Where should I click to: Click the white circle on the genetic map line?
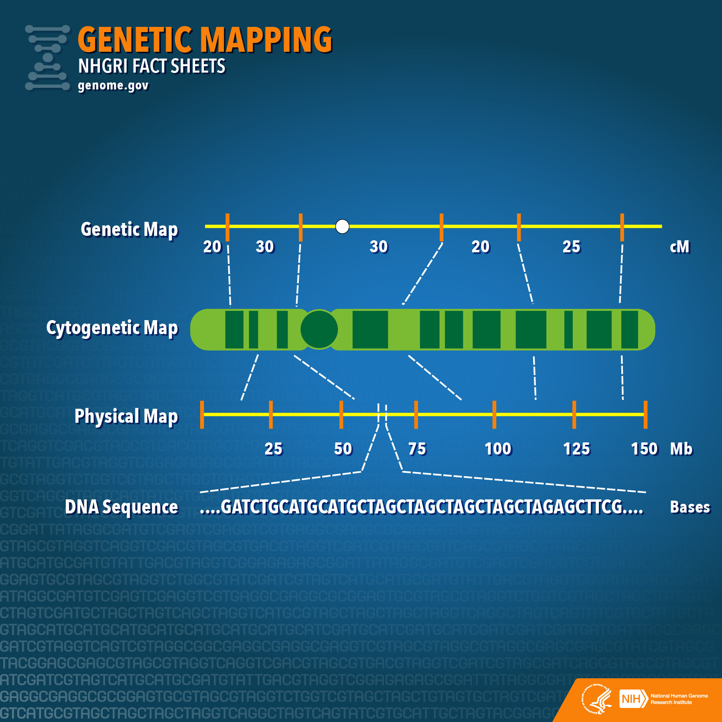click(x=342, y=226)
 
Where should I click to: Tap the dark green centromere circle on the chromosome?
click(x=319, y=329)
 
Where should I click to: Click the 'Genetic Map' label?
click(x=129, y=229)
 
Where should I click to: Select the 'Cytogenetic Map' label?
click(x=112, y=328)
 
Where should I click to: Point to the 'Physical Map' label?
click(x=126, y=416)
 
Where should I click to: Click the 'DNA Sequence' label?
click(x=121, y=507)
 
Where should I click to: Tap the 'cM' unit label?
click(x=679, y=247)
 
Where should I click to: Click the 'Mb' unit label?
click(x=681, y=449)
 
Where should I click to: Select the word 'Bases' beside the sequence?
click(x=690, y=507)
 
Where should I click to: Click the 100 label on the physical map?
click(x=498, y=449)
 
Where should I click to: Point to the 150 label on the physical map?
click(x=644, y=449)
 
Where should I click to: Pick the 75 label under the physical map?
click(x=417, y=449)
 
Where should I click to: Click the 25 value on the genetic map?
click(x=571, y=247)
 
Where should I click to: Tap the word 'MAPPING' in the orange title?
click(x=266, y=39)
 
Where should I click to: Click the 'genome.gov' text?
click(x=113, y=85)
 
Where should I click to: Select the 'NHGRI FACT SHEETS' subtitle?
click(x=152, y=66)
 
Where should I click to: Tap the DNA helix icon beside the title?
click(x=47, y=57)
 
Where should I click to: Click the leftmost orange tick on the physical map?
click(x=202, y=414)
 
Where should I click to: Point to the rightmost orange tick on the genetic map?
click(x=622, y=227)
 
